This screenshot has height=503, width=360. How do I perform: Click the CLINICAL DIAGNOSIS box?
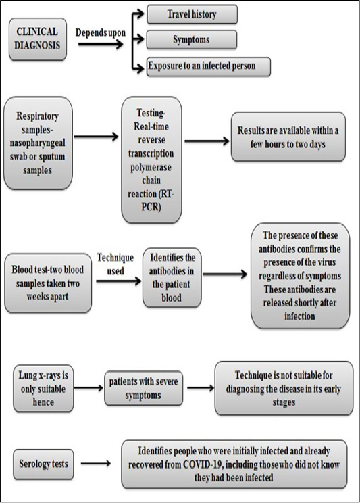coord(38,39)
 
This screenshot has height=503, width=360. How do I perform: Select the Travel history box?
coord(192,14)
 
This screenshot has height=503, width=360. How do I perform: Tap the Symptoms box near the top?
coord(192,39)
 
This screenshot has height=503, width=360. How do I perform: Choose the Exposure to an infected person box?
coord(209,66)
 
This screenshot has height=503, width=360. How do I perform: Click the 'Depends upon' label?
coord(101,32)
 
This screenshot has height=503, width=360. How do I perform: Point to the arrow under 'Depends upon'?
coord(101,44)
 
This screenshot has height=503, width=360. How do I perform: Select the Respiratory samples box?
coord(38,143)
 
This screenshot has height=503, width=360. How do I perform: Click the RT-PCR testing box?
coord(151,160)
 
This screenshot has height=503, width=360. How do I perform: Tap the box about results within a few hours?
coord(288,137)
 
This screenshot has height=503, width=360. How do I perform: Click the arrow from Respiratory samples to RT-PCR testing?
coord(96,137)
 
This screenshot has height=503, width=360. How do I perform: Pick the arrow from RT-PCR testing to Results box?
coord(207,141)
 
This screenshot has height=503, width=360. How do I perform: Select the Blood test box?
coord(48,283)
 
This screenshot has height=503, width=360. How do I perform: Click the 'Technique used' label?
coord(115,264)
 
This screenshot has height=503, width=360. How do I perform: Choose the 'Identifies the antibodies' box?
coord(172,277)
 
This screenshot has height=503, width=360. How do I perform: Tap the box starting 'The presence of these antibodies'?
coord(300,276)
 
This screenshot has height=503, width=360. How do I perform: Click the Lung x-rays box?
coord(43,389)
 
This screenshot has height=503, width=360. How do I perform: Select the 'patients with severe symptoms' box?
coord(144,388)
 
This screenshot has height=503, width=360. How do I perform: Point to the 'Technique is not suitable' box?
coord(284,389)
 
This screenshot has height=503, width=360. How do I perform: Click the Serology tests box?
coord(43,464)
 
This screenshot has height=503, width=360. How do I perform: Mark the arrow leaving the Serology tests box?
coord(96,463)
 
